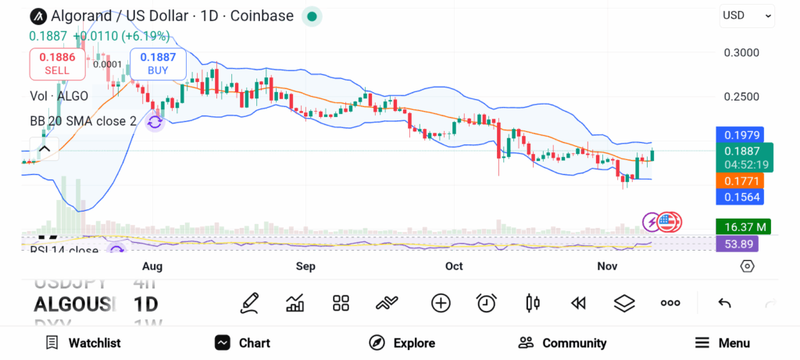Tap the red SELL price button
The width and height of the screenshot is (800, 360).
click(x=56, y=63)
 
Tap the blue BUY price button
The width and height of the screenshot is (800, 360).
click(x=159, y=63)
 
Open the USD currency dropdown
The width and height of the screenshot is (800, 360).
click(x=747, y=15)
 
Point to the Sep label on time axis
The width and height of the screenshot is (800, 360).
click(x=305, y=267)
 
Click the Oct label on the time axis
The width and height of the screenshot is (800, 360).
click(x=454, y=267)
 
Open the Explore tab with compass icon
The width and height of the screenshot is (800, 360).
click(x=402, y=343)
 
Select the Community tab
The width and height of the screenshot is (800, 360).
click(x=562, y=343)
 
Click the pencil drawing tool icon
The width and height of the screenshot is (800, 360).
click(x=249, y=303)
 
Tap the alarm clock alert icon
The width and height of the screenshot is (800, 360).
click(x=487, y=303)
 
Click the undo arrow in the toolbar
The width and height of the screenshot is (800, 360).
click(x=724, y=303)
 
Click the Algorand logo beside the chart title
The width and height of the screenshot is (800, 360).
click(x=38, y=16)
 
